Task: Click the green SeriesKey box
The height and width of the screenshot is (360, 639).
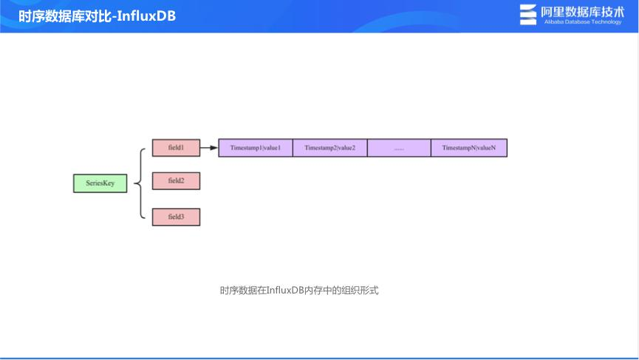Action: pyautogui.click(x=100, y=183)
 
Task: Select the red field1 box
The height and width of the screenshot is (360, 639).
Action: pyautogui.click(x=176, y=148)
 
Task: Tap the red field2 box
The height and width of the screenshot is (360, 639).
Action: pyautogui.click(x=176, y=180)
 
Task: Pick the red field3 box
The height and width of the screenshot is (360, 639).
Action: pyautogui.click(x=176, y=217)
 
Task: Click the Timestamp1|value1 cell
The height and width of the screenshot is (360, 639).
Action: pyautogui.click(x=256, y=148)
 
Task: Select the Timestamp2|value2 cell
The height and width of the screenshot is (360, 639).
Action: pyautogui.click(x=329, y=148)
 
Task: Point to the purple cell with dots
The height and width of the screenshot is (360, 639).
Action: pyautogui.click(x=399, y=148)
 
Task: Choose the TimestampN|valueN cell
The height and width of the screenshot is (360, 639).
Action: pyautogui.click(x=469, y=148)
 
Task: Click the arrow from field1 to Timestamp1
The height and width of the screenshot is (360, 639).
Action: pyautogui.click(x=209, y=148)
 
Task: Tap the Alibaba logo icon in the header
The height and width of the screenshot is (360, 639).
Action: pyautogui.click(x=528, y=15)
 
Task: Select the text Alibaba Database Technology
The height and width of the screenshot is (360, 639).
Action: pyautogui.click(x=583, y=22)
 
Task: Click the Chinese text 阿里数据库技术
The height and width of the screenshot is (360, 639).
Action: pyautogui.click(x=583, y=11)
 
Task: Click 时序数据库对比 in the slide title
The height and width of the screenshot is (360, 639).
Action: pyautogui.click(x=63, y=16)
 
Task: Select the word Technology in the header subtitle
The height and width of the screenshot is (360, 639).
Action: pyautogui.click(x=607, y=22)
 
